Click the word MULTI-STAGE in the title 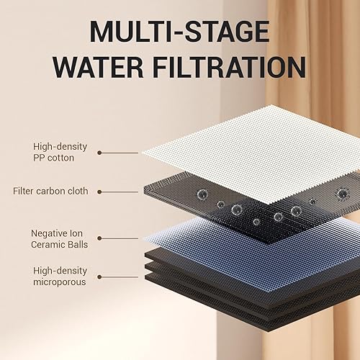coord(180,32)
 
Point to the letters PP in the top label coord(55,158)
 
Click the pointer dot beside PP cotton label coord(99,153)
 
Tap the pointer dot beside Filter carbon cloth coord(99,192)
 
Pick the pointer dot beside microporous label coord(99,276)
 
